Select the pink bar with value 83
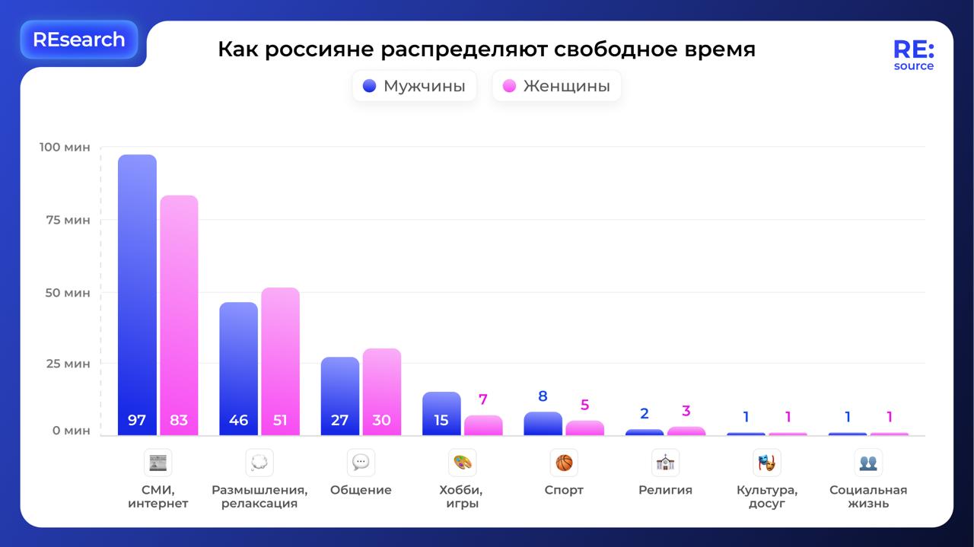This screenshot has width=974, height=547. (x=179, y=316)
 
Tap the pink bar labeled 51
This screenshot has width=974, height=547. (x=280, y=361)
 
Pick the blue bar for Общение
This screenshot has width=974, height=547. (x=340, y=396)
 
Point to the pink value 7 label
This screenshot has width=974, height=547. (x=483, y=399)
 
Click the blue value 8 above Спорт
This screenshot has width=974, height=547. (x=543, y=396)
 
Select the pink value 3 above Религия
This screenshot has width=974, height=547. (x=686, y=412)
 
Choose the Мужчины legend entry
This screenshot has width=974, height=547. (x=414, y=86)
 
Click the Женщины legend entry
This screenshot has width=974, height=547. (x=556, y=86)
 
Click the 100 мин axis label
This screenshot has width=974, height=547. (x=64, y=147)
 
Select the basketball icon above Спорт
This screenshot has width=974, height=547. (x=564, y=463)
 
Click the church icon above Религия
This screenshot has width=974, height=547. (x=665, y=463)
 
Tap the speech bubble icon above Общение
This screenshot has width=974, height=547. (x=361, y=463)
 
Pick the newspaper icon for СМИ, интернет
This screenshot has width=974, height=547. (x=158, y=463)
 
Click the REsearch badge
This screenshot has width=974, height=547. (x=79, y=40)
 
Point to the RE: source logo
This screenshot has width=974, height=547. (x=913, y=55)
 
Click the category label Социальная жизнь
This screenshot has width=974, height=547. (x=868, y=496)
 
